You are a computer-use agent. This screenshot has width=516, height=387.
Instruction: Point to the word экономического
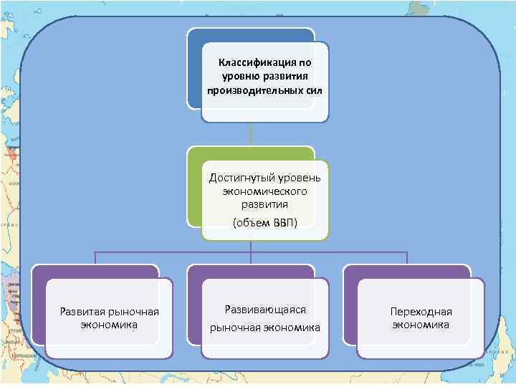point(265,192)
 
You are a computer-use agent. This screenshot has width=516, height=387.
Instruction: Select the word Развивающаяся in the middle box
point(265,310)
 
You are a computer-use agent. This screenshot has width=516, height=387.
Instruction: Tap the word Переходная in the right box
point(421,312)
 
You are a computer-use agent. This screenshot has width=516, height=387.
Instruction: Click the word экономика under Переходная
point(421,325)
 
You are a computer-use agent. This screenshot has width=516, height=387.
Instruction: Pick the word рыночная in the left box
point(135,311)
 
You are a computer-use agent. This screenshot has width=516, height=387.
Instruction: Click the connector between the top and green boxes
point(250,134)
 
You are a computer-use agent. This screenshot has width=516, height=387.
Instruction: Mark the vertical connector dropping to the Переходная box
point(406,258)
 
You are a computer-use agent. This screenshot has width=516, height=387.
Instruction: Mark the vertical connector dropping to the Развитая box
point(95,258)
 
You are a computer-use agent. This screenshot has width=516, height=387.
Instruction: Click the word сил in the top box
point(313,91)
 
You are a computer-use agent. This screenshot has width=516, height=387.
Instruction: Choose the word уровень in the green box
point(304,178)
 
